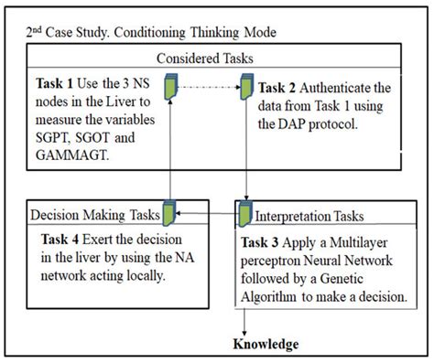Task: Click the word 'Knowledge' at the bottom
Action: pos(265,344)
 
